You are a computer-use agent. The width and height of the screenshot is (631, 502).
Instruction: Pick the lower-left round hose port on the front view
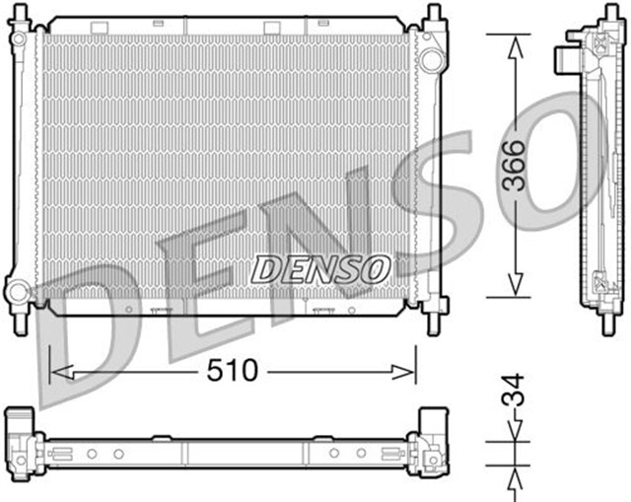point(19,292)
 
